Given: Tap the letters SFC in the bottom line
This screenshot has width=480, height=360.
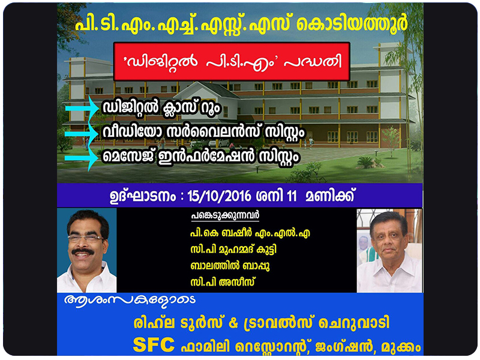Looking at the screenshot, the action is click(154, 345).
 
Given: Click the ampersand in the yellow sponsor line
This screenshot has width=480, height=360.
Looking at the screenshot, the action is click(233, 323).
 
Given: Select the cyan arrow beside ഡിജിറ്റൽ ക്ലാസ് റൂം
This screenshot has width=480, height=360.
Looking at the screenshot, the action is click(82, 108).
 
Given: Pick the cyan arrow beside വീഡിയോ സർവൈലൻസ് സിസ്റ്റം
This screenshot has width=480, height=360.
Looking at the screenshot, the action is click(81, 134).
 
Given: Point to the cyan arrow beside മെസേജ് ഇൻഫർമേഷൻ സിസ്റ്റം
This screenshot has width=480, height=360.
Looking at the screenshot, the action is click(81, 158).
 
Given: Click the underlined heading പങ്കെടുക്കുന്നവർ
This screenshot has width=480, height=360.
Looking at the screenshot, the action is click(226, 216).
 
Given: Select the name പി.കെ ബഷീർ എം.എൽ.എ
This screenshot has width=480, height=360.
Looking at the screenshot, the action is click(250, 233).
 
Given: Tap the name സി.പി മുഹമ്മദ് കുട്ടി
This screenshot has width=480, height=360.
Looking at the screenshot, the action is click(233, 250).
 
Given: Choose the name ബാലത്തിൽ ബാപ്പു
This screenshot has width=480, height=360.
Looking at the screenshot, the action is click(230, 266).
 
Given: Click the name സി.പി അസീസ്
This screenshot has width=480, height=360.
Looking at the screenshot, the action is click(222, 281).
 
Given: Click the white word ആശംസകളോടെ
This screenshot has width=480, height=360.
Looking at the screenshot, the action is click(130, 300).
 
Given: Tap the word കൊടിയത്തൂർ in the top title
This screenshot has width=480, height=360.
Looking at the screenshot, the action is click(352, 23).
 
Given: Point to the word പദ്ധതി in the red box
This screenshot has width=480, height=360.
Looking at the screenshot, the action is click(313, 62).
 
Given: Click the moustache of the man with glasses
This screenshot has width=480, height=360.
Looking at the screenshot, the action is click(83, 251).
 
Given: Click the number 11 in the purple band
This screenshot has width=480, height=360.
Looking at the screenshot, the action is click(292, 196).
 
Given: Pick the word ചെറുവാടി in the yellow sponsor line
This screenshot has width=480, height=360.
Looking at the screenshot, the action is click(354, 323).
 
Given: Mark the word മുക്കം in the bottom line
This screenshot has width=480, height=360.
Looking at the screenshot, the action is click(401, 347).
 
